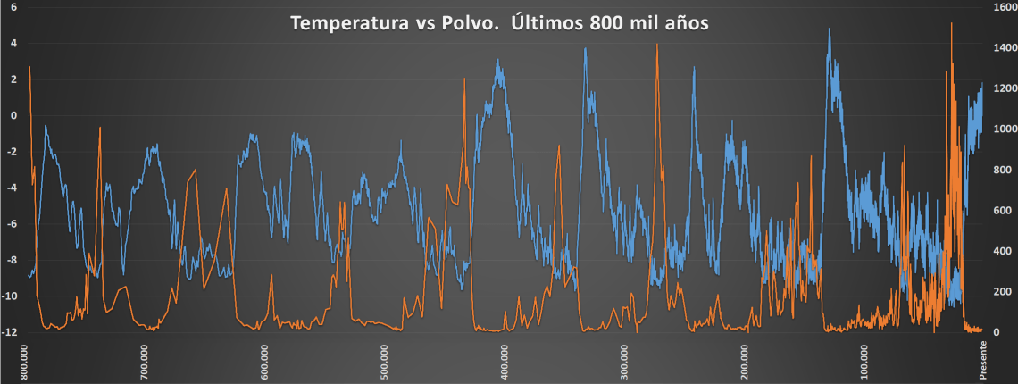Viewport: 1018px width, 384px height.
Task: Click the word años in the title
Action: coord(685,23)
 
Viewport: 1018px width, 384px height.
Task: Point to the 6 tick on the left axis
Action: coord(13,6)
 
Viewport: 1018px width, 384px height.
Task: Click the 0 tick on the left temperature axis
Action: coord(13,115)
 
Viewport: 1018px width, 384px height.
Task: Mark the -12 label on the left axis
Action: coord(11,332)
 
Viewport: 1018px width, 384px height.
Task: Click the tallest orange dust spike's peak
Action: coord(951,24)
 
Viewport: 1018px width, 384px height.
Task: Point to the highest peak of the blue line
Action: coord(830,29)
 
